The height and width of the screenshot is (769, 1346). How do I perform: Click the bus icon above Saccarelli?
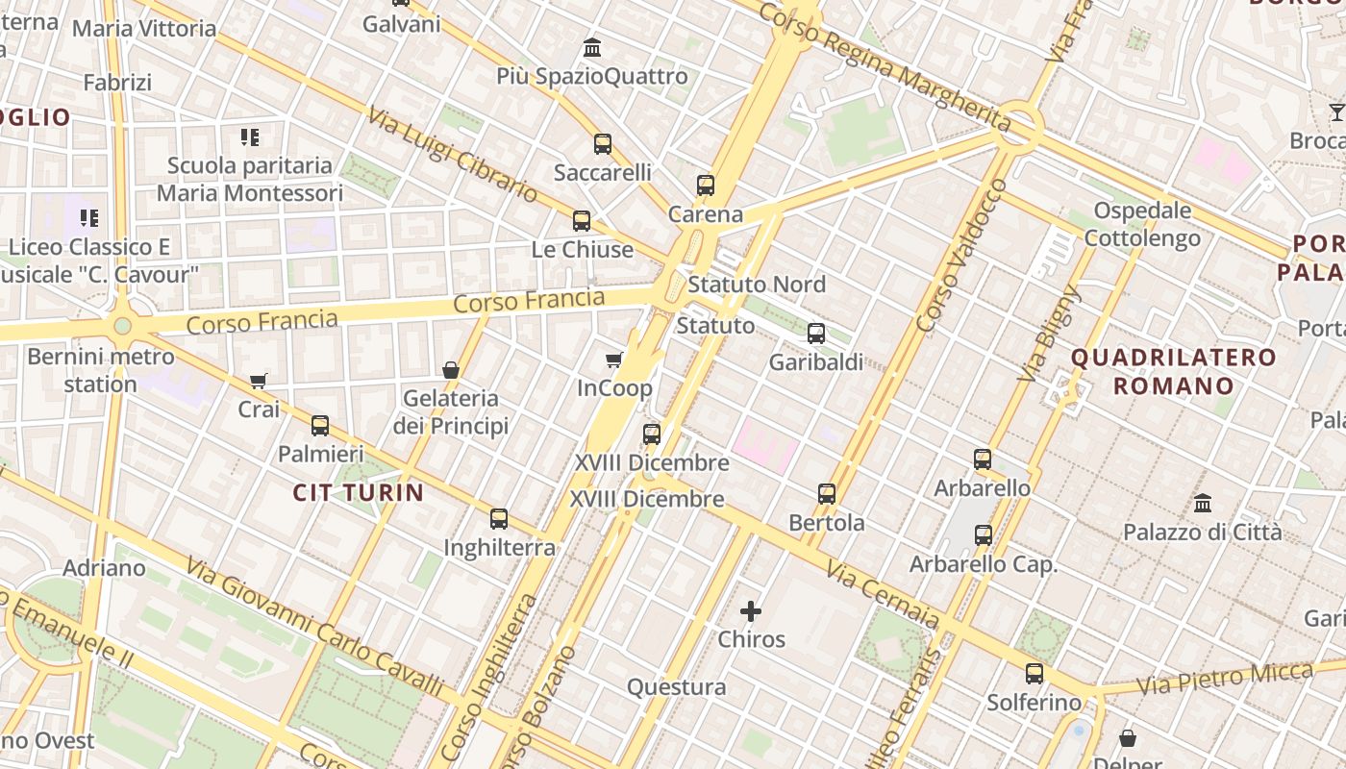click(603, 144)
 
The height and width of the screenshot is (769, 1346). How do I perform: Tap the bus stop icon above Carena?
click(706, 186)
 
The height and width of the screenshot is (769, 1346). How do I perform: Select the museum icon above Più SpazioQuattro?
click(592, 47)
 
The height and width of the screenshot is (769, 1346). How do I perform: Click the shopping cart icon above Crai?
click(258, 381)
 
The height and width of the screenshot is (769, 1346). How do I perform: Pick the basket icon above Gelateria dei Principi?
click(450, 369)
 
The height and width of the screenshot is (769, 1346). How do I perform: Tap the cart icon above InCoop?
click(614, 360)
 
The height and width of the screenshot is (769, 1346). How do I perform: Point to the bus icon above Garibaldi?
click(816, 334)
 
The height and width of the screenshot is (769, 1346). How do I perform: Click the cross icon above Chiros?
click(751, 610)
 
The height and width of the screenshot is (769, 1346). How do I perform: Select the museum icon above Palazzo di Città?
click(1202, 503)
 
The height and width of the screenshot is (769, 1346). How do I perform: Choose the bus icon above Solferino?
click(1034, 674)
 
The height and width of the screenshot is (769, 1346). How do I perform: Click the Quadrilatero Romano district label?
click(1173, 372)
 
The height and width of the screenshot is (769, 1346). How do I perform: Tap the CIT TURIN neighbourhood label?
click(359, 493)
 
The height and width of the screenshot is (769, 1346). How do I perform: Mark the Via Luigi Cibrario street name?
click(452, 154)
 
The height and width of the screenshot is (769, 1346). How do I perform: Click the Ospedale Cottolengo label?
click(1143, 224)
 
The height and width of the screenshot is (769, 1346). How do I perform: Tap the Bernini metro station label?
click(101, 370)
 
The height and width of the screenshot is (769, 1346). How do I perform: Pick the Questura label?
click(677, 687)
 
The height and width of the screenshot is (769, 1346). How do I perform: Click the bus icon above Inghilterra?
click(499, 519)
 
